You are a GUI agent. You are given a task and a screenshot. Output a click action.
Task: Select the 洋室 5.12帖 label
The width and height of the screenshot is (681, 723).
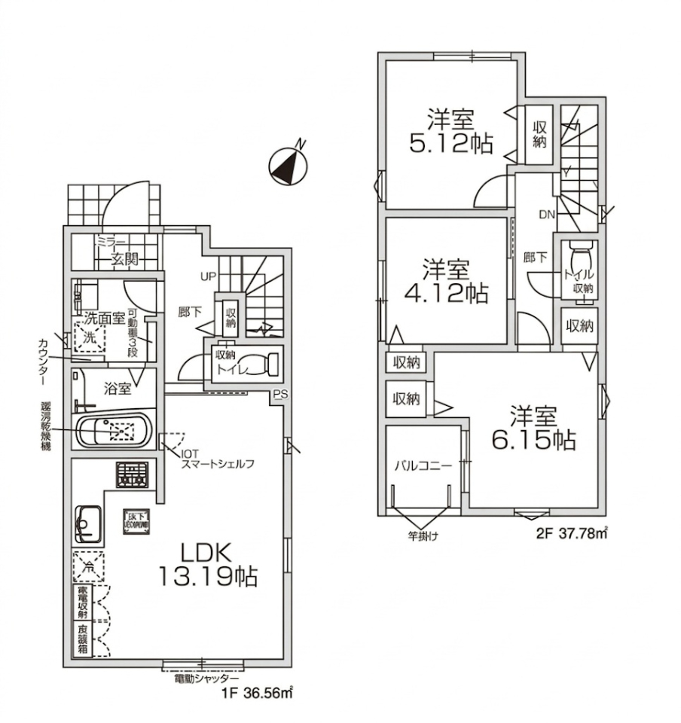click(x=451, y=131)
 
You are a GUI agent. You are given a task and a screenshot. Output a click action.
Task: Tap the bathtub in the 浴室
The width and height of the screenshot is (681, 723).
click(x=115, y=432)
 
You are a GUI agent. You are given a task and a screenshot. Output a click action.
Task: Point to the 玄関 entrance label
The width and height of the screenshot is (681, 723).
click(x=125, y=260)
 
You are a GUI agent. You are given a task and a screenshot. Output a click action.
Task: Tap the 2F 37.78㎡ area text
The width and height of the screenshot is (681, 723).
click(x=570, y=534)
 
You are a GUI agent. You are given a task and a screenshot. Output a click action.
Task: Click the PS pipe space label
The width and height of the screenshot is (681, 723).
click(x=280, y=393)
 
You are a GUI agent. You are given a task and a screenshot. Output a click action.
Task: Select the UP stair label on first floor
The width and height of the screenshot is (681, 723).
click(x=208, y=276)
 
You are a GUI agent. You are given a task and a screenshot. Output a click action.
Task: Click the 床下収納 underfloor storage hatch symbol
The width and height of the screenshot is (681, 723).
click(x=137, y=520)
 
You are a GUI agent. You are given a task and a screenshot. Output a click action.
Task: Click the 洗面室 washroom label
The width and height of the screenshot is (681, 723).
click(x=104, y=319)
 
